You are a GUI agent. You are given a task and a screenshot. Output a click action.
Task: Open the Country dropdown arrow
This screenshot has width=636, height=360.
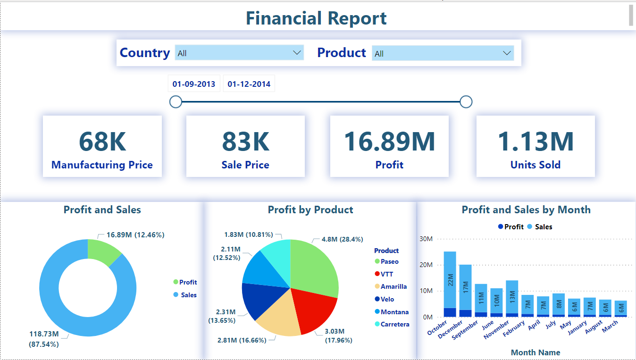pos(297,52)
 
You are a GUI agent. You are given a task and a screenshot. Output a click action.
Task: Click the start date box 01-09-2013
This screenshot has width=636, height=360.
pos(194,84)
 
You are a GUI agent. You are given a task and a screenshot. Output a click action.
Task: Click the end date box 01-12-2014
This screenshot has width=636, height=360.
pos(249,84)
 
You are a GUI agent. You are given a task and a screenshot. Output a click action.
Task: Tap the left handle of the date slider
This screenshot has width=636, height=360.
pos(176,101)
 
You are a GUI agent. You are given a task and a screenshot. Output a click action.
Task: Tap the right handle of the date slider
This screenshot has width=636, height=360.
pos(466,101)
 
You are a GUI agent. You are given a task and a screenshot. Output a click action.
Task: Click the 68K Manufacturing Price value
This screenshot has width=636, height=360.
pos(102,141)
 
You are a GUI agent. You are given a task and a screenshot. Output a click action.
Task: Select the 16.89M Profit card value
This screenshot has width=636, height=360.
pos(389,141)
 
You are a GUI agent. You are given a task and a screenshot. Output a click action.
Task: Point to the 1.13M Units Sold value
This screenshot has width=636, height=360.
pos(536,141)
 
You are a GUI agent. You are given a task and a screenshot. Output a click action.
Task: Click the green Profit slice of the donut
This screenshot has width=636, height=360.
pos(104,250)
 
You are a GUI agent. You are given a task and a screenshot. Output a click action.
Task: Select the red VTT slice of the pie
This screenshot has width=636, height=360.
pos(314,309)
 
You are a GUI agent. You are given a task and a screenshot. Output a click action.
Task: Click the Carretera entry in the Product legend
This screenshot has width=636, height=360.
pos(395,324)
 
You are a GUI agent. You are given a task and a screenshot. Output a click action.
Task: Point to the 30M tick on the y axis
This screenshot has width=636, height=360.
pos(426,239)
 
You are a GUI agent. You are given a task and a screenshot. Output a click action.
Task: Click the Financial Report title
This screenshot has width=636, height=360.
pos(316,18)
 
